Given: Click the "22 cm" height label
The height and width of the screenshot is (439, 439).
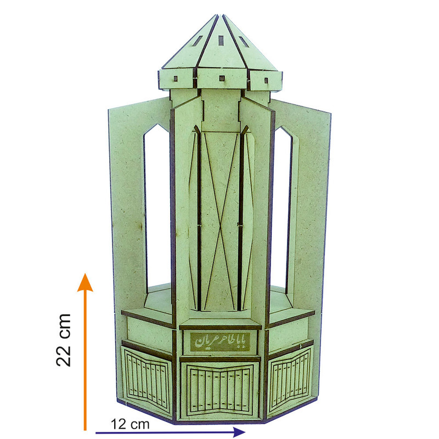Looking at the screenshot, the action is pos(64,340).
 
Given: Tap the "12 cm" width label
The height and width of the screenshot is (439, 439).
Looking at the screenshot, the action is pos(130,424).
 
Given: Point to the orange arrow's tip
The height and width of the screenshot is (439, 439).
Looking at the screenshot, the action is pos(85,273).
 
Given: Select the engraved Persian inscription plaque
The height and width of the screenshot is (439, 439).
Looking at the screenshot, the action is pos(220,341).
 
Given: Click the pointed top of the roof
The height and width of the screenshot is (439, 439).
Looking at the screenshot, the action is pos(220,15).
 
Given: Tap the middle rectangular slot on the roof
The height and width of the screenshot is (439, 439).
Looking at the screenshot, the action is pos(221,40).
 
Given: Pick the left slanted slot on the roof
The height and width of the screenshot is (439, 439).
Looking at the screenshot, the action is pos(198,41).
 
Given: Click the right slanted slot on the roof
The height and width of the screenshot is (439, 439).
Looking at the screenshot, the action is pos(243,41).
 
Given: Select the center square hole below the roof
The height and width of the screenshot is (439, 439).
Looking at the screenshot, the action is pos(222,78).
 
